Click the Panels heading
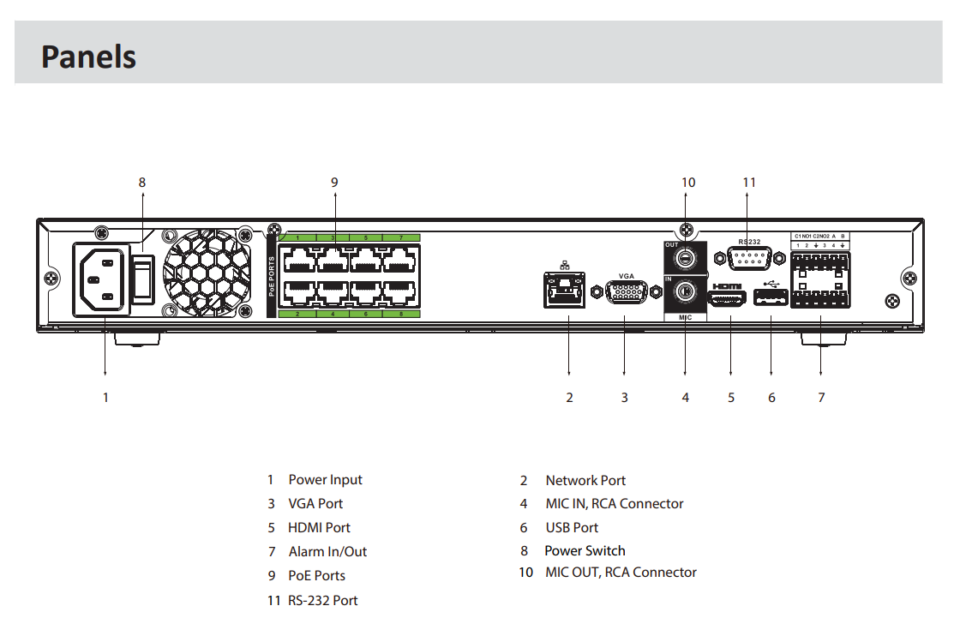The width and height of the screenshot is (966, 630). (x=88, y=57)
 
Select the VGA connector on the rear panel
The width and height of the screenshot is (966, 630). (x=627, y=292)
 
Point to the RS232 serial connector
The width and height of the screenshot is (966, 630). (x=748, y=258)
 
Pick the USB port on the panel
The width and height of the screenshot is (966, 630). (x=771, y=298)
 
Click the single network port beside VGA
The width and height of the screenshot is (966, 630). (x=565, y=289)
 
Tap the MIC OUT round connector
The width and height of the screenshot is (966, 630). (x=685, y=258)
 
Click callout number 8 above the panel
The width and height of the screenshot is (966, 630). (x=142, y=182)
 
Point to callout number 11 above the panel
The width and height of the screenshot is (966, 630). (x=749, y=182)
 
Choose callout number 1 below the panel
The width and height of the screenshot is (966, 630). (x=105, y=398)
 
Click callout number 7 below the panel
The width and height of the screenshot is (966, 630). (x=821, y=398)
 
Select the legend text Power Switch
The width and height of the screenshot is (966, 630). (x=585, y=550)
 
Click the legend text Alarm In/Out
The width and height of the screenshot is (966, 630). (x=327, y=552)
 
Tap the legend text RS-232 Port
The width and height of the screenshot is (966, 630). (x=322, y=600)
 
